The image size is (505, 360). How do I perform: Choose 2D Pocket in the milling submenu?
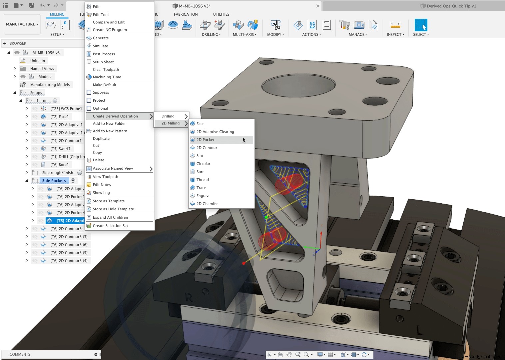205,140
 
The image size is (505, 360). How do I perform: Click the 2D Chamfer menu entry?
207,204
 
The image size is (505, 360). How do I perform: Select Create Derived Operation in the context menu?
115,116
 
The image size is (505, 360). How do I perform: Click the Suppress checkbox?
89,92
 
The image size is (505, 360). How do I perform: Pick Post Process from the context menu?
104,54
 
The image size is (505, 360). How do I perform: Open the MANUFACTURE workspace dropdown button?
22,24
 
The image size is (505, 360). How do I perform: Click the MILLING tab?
57,14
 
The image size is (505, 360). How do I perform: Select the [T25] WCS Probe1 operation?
66,109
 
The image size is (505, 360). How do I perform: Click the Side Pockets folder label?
54,181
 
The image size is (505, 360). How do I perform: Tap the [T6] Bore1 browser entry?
59,165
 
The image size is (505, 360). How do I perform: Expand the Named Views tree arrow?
15,69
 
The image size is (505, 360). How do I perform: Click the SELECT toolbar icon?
421,25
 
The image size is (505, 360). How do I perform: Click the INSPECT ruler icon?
395,25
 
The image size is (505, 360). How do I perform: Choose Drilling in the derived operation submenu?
168,116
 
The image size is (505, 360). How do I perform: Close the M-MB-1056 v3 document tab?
317,6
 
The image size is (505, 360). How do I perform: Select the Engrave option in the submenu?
203,196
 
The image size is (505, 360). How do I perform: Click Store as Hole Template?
113,209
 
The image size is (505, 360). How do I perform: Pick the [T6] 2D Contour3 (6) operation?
69,245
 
